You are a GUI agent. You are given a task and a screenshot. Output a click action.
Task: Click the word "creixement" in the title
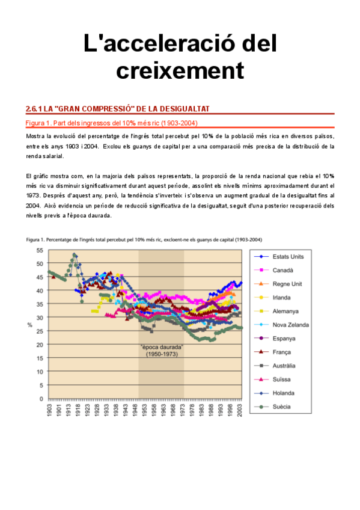(180, 71)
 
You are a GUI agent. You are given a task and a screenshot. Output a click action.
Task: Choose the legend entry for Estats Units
(287, 256)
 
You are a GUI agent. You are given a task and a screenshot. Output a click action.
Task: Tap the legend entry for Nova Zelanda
(291, 325)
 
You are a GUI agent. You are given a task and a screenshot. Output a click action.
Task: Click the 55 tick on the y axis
(39, 250)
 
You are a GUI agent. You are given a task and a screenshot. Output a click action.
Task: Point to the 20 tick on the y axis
(39, 344)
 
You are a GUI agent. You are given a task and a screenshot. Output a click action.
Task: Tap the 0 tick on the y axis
(41, 398)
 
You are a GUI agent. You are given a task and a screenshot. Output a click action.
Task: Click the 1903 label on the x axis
(49, 410)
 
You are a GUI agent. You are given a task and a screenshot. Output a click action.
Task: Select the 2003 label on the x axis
(240, 410)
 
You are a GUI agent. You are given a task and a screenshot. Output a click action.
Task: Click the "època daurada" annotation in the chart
(160, 348)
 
